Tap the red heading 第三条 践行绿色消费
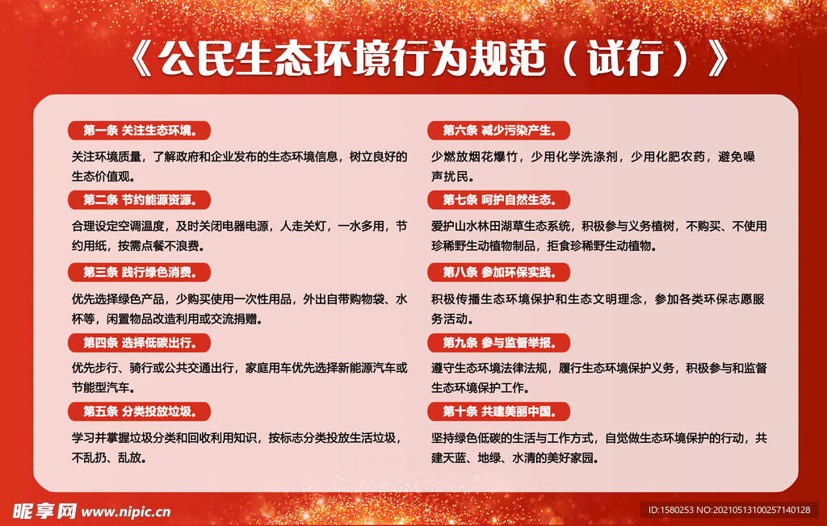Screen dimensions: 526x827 (139, 272)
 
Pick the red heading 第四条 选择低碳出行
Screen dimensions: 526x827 (139, 343)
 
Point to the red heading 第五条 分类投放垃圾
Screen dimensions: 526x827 (139, 412)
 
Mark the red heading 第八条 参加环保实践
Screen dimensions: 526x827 (498, 272)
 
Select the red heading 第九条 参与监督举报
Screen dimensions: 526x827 (498, 343)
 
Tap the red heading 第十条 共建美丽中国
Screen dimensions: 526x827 (498, 412)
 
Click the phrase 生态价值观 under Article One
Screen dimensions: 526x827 (103, 175)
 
